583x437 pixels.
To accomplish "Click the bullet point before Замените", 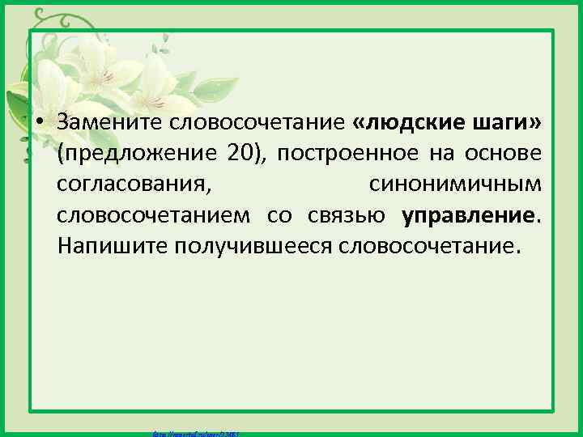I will click(38, 121).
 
